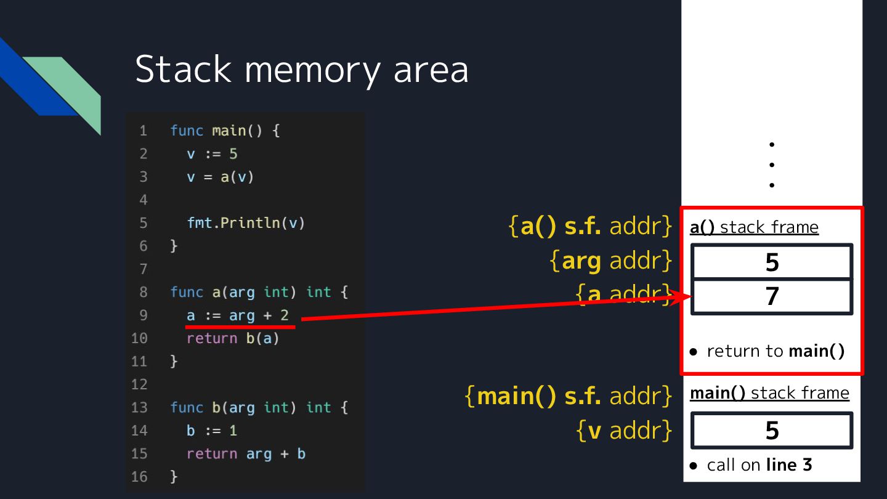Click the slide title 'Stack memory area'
[301, 69]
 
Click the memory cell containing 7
[772, 297]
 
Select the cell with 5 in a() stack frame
[772, 262]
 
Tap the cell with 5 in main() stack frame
[772, 431]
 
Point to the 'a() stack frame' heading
[754, 227]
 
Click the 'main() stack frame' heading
[769, 393]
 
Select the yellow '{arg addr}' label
[610, 261]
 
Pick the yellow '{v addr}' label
[624, 431]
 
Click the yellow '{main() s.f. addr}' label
[568, 396]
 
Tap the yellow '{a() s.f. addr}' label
[590, 227]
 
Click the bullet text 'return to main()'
[775, 351]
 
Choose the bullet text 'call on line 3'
[759, 465]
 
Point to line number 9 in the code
[143, 315]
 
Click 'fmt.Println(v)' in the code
[246, 223]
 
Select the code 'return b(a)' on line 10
[233, 338]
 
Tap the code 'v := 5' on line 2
[212, 154]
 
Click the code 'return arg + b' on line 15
[246, 454]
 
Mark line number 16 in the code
[139, 477]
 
